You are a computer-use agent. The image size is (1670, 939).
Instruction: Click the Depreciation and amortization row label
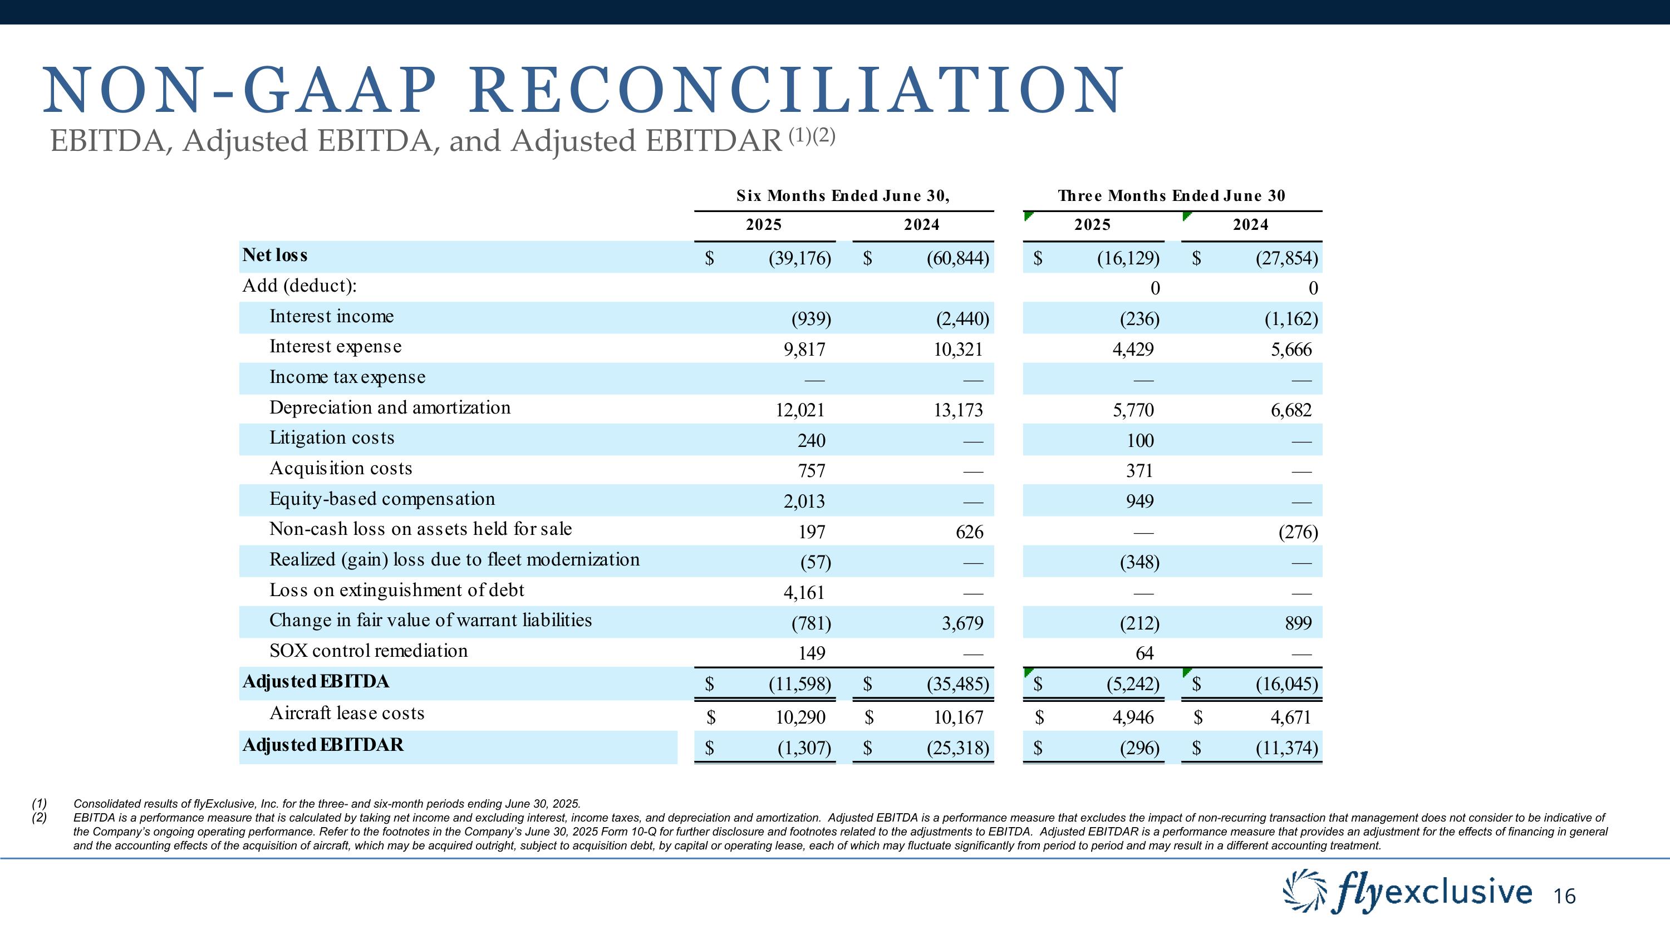click(x=390, y=407)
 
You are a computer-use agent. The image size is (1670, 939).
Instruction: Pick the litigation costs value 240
click(x=811, y=441)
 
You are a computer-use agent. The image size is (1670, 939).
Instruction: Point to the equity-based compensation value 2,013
click(x=804, y=501)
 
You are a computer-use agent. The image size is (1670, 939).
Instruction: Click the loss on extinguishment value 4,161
click(x=804, y=592)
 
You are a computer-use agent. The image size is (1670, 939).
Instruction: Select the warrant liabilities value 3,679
click(x=962, y=623)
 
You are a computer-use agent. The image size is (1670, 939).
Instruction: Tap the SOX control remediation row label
click(x=368, y=651)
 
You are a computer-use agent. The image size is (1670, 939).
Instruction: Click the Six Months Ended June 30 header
click(x=843, y=196)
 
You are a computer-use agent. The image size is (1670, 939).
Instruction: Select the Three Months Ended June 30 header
click(x=1171, y=196)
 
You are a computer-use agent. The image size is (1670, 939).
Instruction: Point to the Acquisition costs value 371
click(x=1139, y=470)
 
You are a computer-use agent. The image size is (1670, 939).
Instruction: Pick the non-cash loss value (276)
click(x=1298, y=532)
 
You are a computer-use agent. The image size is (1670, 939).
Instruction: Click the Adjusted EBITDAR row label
click(x=323, y=745)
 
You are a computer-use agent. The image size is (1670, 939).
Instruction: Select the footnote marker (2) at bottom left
click(x=40, y=818)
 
